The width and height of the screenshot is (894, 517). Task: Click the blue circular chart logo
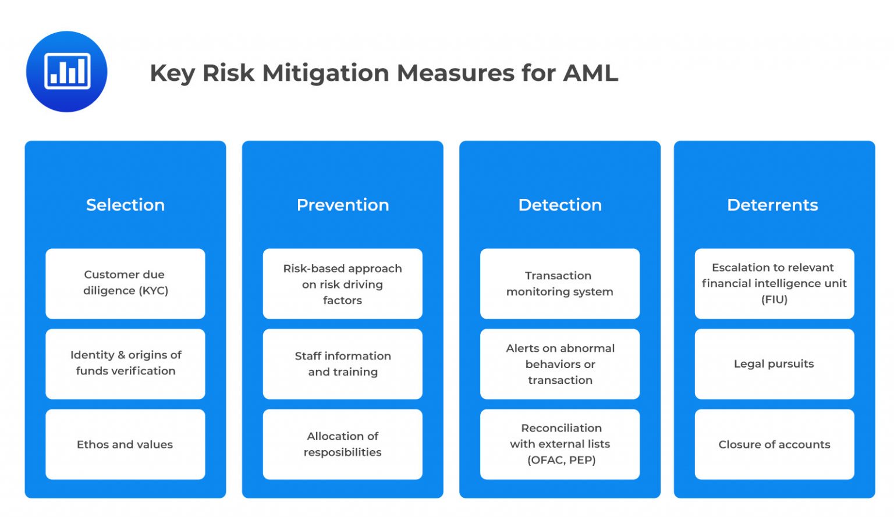point(67,72)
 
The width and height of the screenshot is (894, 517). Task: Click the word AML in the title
point(590,73)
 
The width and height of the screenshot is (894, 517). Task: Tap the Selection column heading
point(125,205)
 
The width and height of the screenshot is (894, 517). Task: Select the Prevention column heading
point(343,205)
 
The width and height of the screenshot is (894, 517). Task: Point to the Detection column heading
point(560,205)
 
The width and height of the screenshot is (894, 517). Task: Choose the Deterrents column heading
point(773,205)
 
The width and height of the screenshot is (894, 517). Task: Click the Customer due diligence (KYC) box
point(125,284)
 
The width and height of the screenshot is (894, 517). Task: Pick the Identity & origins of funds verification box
point(125,364)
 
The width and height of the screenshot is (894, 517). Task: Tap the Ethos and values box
point(125,444)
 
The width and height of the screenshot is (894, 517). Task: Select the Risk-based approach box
point(342,284)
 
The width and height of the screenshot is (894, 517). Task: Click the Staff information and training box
point(342,364)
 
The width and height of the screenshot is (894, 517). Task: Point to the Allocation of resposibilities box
point(342,444)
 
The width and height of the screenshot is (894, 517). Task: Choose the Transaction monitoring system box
point(560,284)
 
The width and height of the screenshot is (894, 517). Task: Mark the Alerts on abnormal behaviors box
point(560,364)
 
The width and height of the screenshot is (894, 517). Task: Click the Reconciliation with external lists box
point(560,444)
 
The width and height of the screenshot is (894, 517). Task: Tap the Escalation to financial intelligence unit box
point(774,284)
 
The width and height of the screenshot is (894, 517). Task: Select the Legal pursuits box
point(774,364)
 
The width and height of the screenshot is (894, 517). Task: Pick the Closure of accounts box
point(774,444)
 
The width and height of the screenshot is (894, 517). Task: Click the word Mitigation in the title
point(325,74)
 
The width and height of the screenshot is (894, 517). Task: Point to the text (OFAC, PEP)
point(562,461)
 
